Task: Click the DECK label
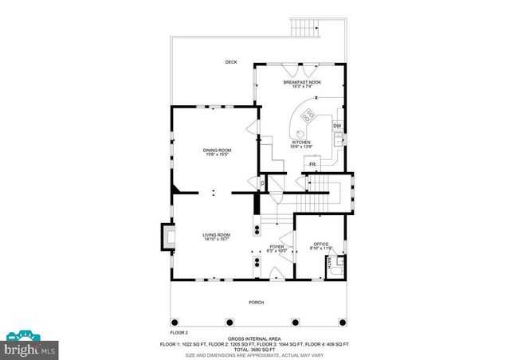coord(231,61)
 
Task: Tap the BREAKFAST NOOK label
coord(301,81)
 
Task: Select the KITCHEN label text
coord(300,143)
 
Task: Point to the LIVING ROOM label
coord(216,235)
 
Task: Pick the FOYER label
coord(277,247)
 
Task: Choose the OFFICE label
coord(321,244)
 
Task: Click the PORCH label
coord(256,302)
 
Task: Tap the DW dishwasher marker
coord(337,126)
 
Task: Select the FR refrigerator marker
coord(313,165)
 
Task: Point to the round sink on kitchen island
coord(301,132)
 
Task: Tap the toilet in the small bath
coord(341,260)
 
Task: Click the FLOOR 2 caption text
coord(179,331)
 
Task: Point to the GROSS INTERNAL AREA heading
coord(256,338)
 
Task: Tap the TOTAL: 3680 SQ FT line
coord(256,349)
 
